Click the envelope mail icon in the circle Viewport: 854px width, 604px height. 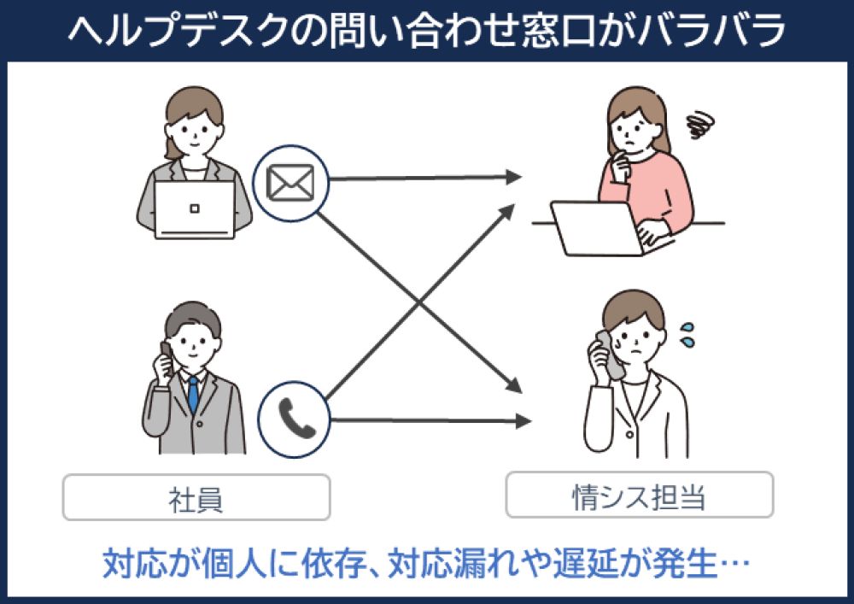[291, 180]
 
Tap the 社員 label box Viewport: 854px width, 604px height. [196, 497]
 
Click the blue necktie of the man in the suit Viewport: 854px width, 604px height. [194, 394]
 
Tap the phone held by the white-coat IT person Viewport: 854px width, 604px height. [609, 352]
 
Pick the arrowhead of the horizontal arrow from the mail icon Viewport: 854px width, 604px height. [512, 178]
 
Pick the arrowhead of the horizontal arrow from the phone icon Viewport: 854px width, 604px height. [523, 420]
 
